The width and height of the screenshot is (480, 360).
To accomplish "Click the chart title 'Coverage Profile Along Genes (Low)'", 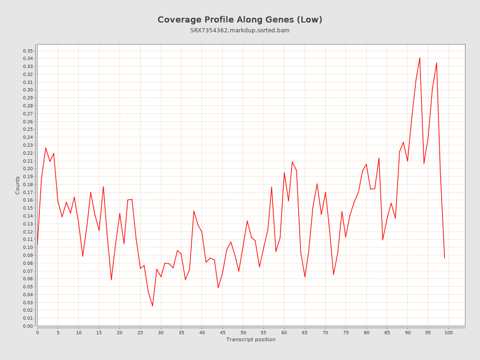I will tap(240, 20).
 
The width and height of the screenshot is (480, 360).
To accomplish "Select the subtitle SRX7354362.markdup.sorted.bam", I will tap(240, 30).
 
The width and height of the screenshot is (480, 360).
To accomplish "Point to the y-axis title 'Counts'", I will tap(18, 185).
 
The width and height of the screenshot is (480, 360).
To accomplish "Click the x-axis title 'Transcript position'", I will tap(251, 339).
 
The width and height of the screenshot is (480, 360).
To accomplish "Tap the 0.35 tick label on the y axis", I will tap(28, 51).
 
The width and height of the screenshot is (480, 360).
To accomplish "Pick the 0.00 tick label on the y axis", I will tap(28, 326).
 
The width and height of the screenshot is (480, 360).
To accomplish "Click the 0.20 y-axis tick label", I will tap(28, 169).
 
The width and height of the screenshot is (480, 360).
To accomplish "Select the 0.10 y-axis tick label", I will tap(28, 247).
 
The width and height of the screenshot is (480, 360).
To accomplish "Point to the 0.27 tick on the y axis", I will tap(28, 113).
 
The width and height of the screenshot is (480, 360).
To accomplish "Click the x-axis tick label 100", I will tap(449, 332).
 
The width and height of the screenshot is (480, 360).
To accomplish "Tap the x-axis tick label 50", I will tap(243, 332).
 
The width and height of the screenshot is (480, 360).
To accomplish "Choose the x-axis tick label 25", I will tap(140, 332).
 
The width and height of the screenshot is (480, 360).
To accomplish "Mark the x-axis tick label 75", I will tap(346, 332).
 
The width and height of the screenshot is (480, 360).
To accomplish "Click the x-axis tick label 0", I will tap(37, 332).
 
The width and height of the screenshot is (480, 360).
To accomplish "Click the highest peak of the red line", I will tap(420, 58).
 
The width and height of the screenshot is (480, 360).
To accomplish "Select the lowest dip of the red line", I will tap(152, 306).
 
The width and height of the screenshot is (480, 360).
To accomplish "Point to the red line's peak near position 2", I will tap(45, 148).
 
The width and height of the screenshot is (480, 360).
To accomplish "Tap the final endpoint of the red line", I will tap(444, 258).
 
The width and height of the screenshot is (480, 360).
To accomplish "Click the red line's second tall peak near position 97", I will tap(436, 63).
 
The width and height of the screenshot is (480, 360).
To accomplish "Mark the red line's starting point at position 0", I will tap(37, 246).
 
